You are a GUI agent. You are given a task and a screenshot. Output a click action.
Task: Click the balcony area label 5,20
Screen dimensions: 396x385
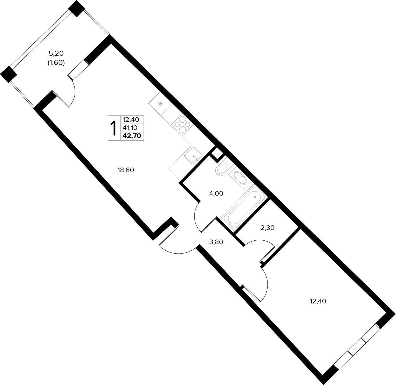[56, 54]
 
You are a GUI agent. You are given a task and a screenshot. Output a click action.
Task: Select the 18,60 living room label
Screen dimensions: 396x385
[126, 170]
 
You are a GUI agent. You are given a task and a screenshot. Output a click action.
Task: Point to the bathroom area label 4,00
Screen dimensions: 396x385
[216, 193]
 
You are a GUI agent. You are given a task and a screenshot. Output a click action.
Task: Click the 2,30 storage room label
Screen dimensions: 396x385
[268, 228]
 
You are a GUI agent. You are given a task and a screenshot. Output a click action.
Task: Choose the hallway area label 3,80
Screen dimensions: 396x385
[216, 242]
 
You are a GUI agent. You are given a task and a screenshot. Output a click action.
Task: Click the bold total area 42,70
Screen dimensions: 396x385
[132, 136]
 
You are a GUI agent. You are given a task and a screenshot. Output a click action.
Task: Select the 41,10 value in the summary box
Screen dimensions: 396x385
[130, 128]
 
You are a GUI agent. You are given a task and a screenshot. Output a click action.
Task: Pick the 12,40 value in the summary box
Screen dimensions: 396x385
[131, 119]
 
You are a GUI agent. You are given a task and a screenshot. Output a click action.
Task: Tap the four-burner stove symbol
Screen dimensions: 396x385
[182, 125]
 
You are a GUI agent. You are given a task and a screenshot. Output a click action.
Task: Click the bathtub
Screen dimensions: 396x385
[244, 208]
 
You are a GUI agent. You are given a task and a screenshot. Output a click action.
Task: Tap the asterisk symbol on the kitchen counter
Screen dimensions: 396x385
[161, 104]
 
